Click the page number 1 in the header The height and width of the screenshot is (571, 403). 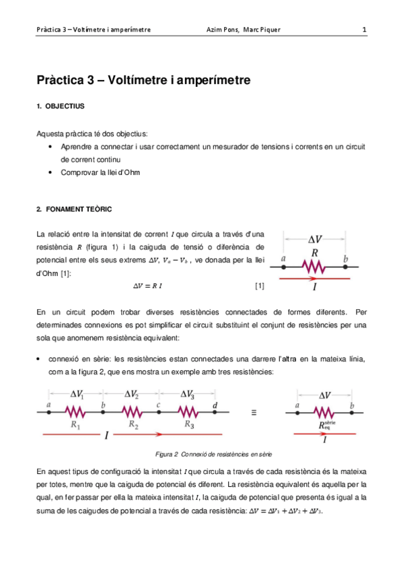coord(364,30)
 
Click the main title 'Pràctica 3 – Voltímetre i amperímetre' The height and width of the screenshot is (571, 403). coord(143,80)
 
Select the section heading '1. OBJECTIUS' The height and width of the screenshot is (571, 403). coord(61,106)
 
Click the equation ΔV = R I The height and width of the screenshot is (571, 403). coord(149,286)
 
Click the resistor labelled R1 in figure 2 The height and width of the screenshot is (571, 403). coord(75,413)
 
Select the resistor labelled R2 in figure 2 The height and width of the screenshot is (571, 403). coord(133,413)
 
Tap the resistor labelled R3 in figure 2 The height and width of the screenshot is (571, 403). coord(190,413)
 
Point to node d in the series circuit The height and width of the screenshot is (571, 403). coord(215,413)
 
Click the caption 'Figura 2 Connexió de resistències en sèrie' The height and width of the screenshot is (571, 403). coord(213,455)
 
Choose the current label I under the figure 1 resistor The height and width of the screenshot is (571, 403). coord(314,285)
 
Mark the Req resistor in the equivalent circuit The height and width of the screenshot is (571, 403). coord(324,413)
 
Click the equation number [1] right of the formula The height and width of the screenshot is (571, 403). coord(259,286)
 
